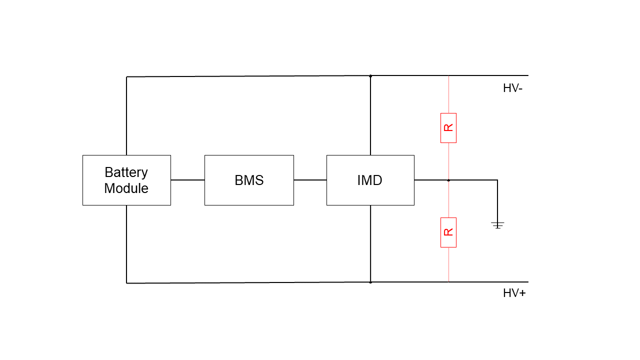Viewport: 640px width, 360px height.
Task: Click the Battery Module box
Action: coord(126,180)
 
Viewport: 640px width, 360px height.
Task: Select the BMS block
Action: coord(249,180)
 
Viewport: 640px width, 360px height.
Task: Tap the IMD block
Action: coord(370,180)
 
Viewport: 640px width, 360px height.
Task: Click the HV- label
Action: coord(512,88)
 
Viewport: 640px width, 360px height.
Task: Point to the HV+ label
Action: coord(514,293)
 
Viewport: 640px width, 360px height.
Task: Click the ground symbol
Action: coord(497,225)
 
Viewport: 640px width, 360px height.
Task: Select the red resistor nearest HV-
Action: coord(448,128)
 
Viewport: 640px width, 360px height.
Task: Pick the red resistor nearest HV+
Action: coord(448,232)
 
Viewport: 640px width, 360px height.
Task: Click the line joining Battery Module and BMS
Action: coord(187,180)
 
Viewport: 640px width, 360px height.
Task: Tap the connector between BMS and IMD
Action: coord(310,180)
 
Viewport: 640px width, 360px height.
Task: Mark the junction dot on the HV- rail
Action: coord(370,76)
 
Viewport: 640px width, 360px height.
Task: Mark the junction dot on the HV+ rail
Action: coord(370,282)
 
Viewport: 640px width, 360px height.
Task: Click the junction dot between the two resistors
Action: coord(448,180)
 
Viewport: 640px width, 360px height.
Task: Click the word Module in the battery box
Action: coord(126,188)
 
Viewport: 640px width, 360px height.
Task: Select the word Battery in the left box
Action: coord(126,172)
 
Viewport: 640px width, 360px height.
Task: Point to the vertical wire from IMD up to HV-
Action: coord(370,115)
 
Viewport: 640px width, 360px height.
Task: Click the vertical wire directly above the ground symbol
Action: coord(497,200)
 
